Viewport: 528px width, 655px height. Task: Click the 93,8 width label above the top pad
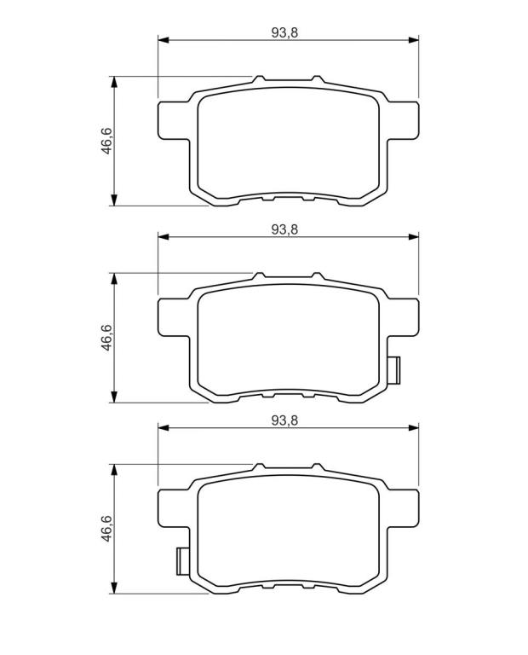click(x=284, y=32)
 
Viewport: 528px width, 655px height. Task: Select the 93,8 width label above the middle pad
click(x=284, y=229)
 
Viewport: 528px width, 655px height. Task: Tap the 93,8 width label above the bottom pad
click(x=284, y=420)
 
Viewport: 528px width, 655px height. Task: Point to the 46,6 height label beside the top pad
click(x=107, y=142)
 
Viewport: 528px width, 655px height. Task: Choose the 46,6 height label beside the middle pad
click(x=107, y=337)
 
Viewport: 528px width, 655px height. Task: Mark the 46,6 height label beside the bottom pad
click(x=107, y=529)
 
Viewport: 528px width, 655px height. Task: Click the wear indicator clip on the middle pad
click(x=393, y=370)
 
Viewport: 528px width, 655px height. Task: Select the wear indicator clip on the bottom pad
click(x=183, y=561)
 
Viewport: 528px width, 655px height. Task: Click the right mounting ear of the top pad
click(x=403, y=120)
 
